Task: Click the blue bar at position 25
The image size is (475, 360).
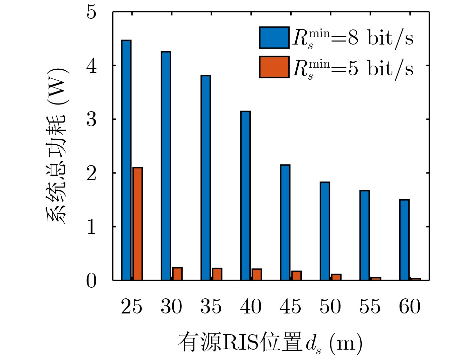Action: click(x=126, y=160)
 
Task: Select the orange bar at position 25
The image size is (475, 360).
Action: click(x=137, y=224)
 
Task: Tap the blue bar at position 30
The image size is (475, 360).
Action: click(x=166, y=166)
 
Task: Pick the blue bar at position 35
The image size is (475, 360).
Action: click(x=205, y=178)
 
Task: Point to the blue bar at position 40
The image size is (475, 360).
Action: click(x=245, y=196)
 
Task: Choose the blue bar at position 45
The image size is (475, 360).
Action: click(x=285, y=222)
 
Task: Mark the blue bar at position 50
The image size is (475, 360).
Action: click(x=325, y=231)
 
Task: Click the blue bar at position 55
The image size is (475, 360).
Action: click(x=364, y=235)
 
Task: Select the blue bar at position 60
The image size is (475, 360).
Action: click(x=404, y=240)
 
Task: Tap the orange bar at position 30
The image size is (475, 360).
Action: click(x=177, y=274)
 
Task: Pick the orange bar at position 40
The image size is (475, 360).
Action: click(x=257, y=274)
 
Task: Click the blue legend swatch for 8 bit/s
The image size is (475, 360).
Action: click(x=274, y=38)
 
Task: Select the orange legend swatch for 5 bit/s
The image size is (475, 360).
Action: click(x=274, y=67)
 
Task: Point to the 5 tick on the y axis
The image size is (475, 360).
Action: click(x=91, y=12)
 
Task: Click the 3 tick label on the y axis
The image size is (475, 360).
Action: click(x=91, y=119)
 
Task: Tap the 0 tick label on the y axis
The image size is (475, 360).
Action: click(x=91, y=281)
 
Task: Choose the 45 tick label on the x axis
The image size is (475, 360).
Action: click(x=290, y=306)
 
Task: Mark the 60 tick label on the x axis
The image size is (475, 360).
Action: click(x=410, y=306)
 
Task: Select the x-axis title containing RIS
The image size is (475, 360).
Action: click(x=270, y=343)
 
